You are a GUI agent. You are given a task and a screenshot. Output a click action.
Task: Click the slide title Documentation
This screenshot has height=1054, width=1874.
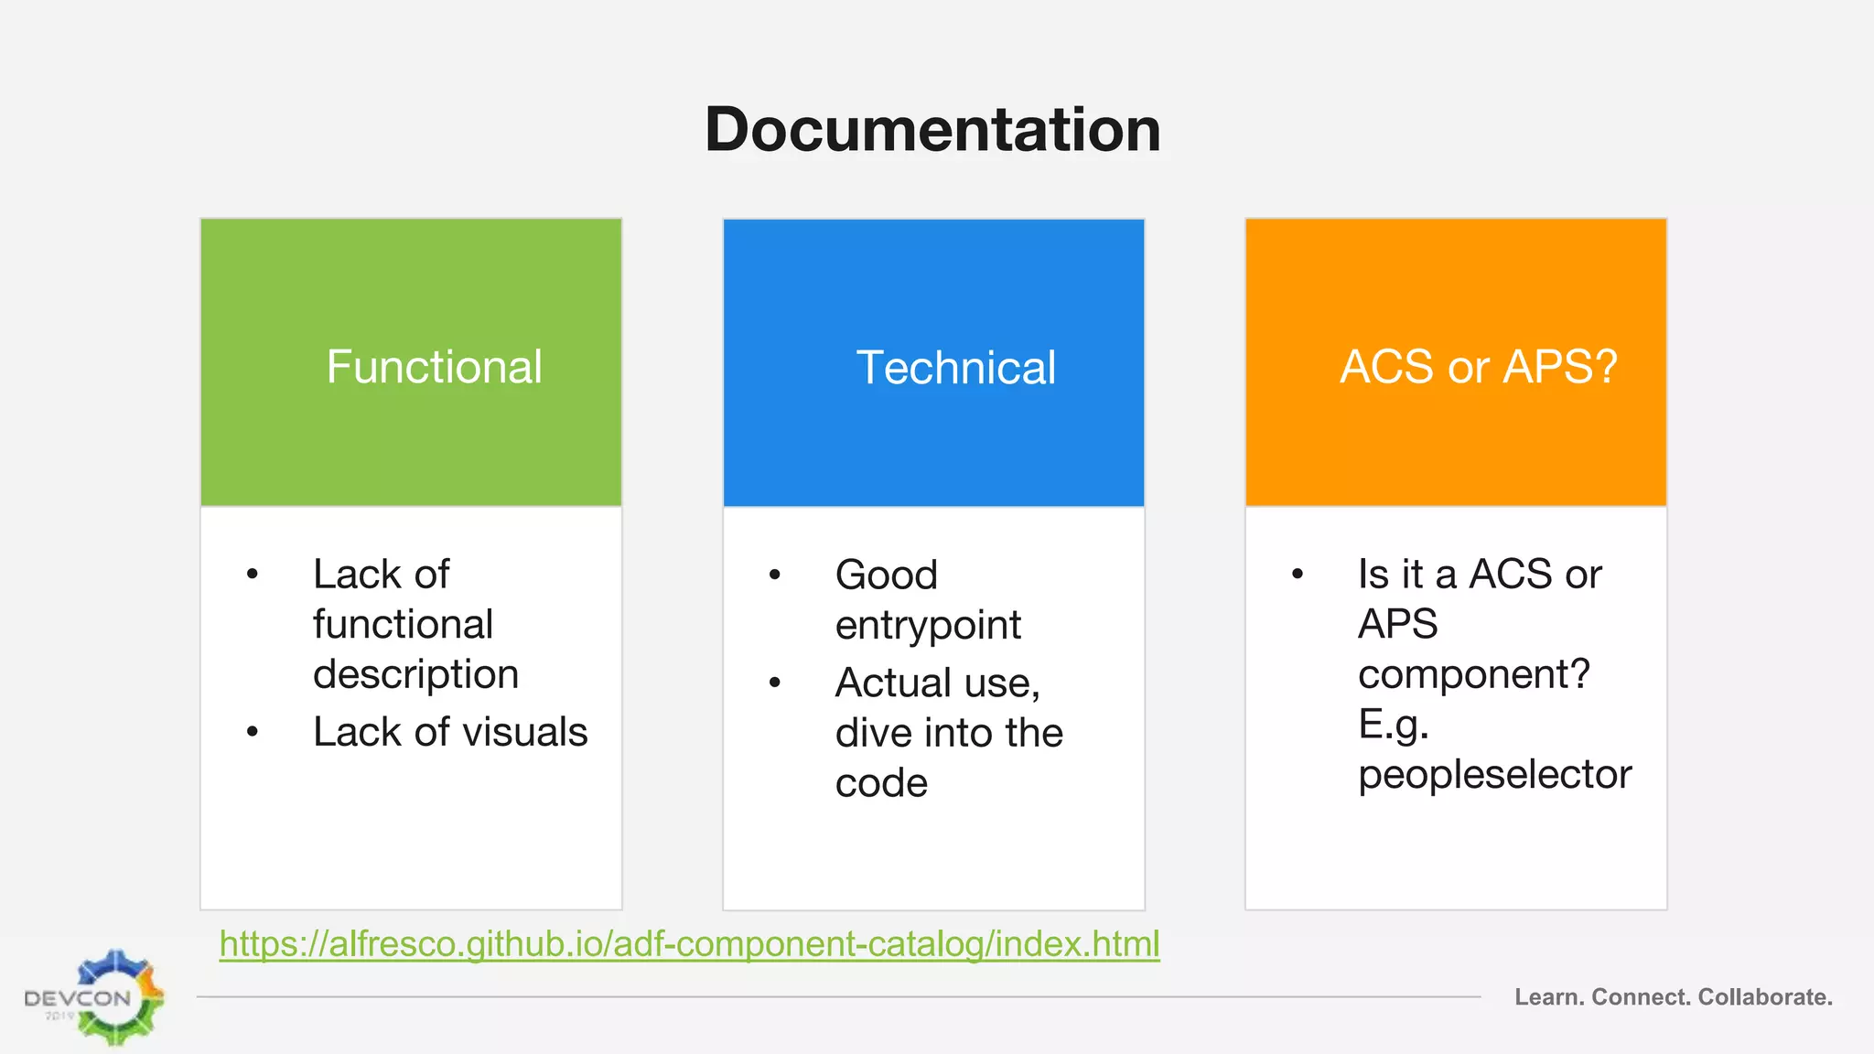932,129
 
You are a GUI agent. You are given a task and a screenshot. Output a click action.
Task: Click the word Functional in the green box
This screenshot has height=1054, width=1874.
434,367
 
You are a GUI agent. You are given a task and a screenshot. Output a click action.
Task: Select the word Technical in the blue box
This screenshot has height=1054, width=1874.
955,368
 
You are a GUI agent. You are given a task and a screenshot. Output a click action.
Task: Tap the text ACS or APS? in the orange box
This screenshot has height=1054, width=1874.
1478,367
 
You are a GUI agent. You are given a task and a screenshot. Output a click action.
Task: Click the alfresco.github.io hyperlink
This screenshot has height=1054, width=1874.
689,943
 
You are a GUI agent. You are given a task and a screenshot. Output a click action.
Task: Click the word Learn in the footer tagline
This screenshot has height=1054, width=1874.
1547,997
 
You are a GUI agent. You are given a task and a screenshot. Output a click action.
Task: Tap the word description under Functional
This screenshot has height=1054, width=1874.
415,674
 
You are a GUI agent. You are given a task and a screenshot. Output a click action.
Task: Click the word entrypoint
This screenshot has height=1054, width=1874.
927,626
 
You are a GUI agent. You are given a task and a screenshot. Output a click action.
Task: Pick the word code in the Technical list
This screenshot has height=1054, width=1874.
880,783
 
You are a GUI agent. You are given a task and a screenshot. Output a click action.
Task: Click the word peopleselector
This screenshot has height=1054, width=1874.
1494,775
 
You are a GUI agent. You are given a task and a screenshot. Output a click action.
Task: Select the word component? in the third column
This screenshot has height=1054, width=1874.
1473,675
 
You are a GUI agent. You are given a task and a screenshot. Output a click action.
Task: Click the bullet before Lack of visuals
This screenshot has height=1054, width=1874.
253,732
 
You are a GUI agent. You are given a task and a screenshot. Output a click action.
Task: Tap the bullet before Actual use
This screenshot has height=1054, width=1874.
775,683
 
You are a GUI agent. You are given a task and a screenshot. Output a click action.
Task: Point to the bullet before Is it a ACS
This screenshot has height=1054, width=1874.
1298,575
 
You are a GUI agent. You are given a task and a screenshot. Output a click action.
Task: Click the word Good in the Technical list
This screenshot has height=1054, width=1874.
886,575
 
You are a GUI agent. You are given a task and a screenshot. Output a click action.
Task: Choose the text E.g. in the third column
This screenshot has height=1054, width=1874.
1393,725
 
